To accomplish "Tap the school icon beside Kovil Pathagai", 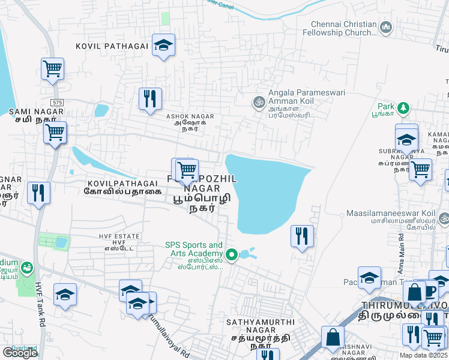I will pos(163,45).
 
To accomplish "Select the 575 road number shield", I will pos(57,103).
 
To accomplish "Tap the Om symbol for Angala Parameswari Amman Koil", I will pos(259,101).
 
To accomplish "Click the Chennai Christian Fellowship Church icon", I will pos(385,27).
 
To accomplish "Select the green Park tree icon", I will pos(404,108).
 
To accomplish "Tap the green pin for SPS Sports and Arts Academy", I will pos(231,254).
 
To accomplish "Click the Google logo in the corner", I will pos(20,353).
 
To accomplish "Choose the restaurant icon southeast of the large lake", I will pos(301,235).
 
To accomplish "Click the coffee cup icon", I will pos(430,291).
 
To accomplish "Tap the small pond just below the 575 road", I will pos(101,110).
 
